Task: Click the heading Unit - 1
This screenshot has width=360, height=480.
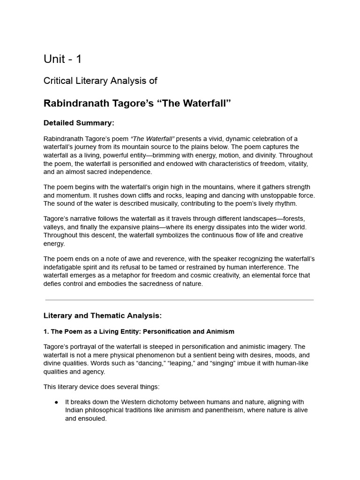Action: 62,59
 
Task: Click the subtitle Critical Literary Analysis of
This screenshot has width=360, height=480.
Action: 100,81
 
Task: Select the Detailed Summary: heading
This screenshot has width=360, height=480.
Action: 79,123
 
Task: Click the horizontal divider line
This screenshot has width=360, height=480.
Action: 180,300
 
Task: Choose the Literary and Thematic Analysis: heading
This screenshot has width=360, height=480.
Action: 102,315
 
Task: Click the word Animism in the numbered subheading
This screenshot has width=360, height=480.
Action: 219,331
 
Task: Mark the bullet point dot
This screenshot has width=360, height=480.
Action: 56,402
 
